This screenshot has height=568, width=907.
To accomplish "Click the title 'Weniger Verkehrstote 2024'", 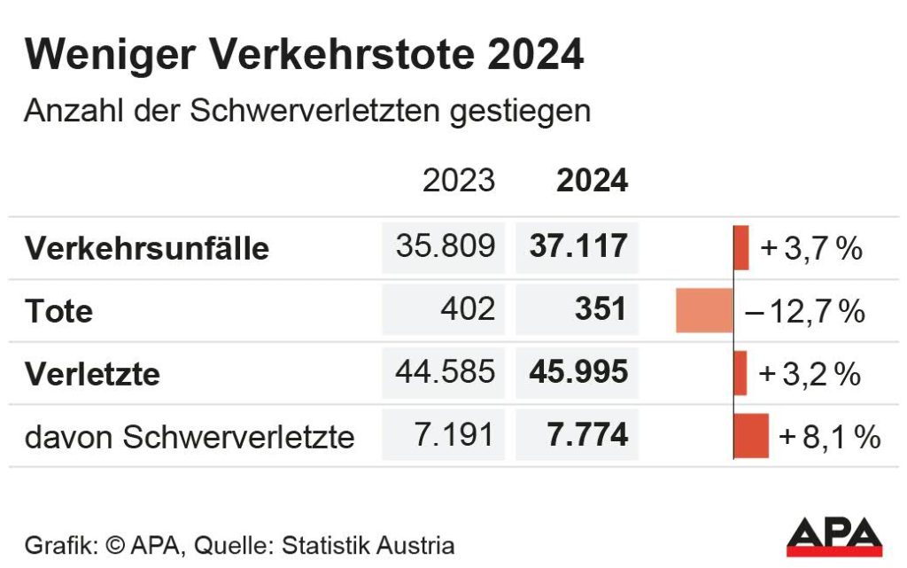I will (x=304, y=55).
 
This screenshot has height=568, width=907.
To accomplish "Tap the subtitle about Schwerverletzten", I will (x=306, y=113).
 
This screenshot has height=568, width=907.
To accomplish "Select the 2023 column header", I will (x=458, y=180).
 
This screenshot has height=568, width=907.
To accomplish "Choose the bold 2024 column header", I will (x=592, y=180).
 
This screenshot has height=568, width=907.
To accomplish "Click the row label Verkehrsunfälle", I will (x=146, y=248).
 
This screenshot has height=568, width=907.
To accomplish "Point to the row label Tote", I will (x=58, y=311).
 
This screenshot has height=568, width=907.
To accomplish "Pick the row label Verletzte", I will (x=92, y=374).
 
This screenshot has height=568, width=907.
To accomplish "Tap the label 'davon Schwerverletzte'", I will (x=190, y=436).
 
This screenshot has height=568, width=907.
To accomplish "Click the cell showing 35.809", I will (x=445, y=247).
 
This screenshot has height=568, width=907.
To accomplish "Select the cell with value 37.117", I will (x=578, y=247).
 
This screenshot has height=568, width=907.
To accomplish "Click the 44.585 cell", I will (x=445, y=372).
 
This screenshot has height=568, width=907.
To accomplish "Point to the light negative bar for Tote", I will (x=704, y=311).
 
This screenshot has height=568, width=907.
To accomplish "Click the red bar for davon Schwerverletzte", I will (x=751, y=435).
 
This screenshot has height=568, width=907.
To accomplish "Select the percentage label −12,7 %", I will (x=804, y=311).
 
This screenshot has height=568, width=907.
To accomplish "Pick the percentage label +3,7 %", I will (x=810, y=248).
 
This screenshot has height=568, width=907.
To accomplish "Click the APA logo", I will (x=834, y=537).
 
